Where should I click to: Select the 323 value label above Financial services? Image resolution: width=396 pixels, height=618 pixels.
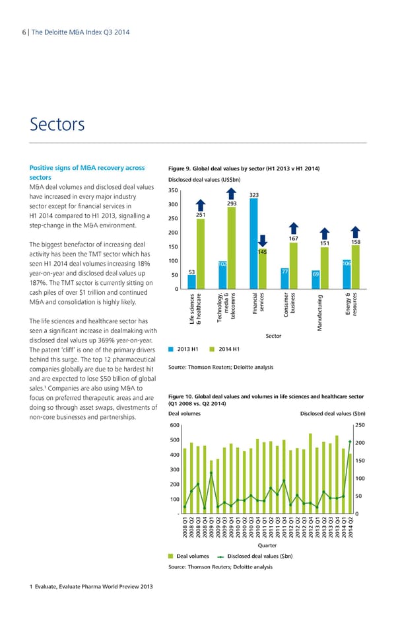point(255,194)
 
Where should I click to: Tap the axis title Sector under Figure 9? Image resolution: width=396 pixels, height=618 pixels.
point(273,336)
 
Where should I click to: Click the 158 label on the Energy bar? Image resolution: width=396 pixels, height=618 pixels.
point(356,242)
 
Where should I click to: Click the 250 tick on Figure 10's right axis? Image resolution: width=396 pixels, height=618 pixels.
point(360,426)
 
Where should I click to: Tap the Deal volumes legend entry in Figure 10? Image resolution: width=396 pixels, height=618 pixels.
point(189,557)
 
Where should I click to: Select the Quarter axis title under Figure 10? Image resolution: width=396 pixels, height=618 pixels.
point(267,545)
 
